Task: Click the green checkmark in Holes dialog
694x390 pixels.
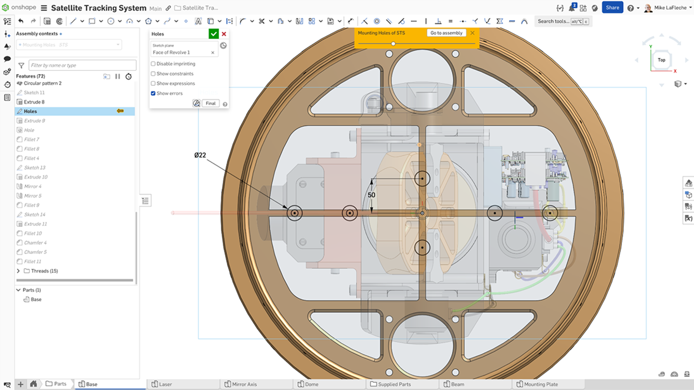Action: [213, 34]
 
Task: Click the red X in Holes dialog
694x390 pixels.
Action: [224, 34]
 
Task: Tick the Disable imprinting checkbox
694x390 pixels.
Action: [153, 64]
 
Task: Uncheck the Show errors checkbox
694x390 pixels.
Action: [153, 93]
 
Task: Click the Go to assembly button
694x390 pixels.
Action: [446, 33]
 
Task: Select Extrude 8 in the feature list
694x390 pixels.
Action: [34, 102]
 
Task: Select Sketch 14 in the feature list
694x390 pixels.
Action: [35, 214]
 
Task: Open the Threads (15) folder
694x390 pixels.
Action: [18, 271]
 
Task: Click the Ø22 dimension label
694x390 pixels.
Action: [200, 155]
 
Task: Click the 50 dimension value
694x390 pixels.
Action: [371, 195]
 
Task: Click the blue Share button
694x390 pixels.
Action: [612, 7]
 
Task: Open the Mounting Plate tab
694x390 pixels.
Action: [540, 384]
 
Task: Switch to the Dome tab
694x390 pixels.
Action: [311, 384]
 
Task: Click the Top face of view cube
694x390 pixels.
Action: [661, 60]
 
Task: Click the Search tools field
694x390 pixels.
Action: [553, 21]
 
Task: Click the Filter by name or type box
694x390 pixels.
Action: [82, 65]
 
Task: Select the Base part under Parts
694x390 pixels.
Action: [36, 299]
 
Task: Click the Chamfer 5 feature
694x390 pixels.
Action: [35, 252]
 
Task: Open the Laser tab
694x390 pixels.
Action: [165, 384]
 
